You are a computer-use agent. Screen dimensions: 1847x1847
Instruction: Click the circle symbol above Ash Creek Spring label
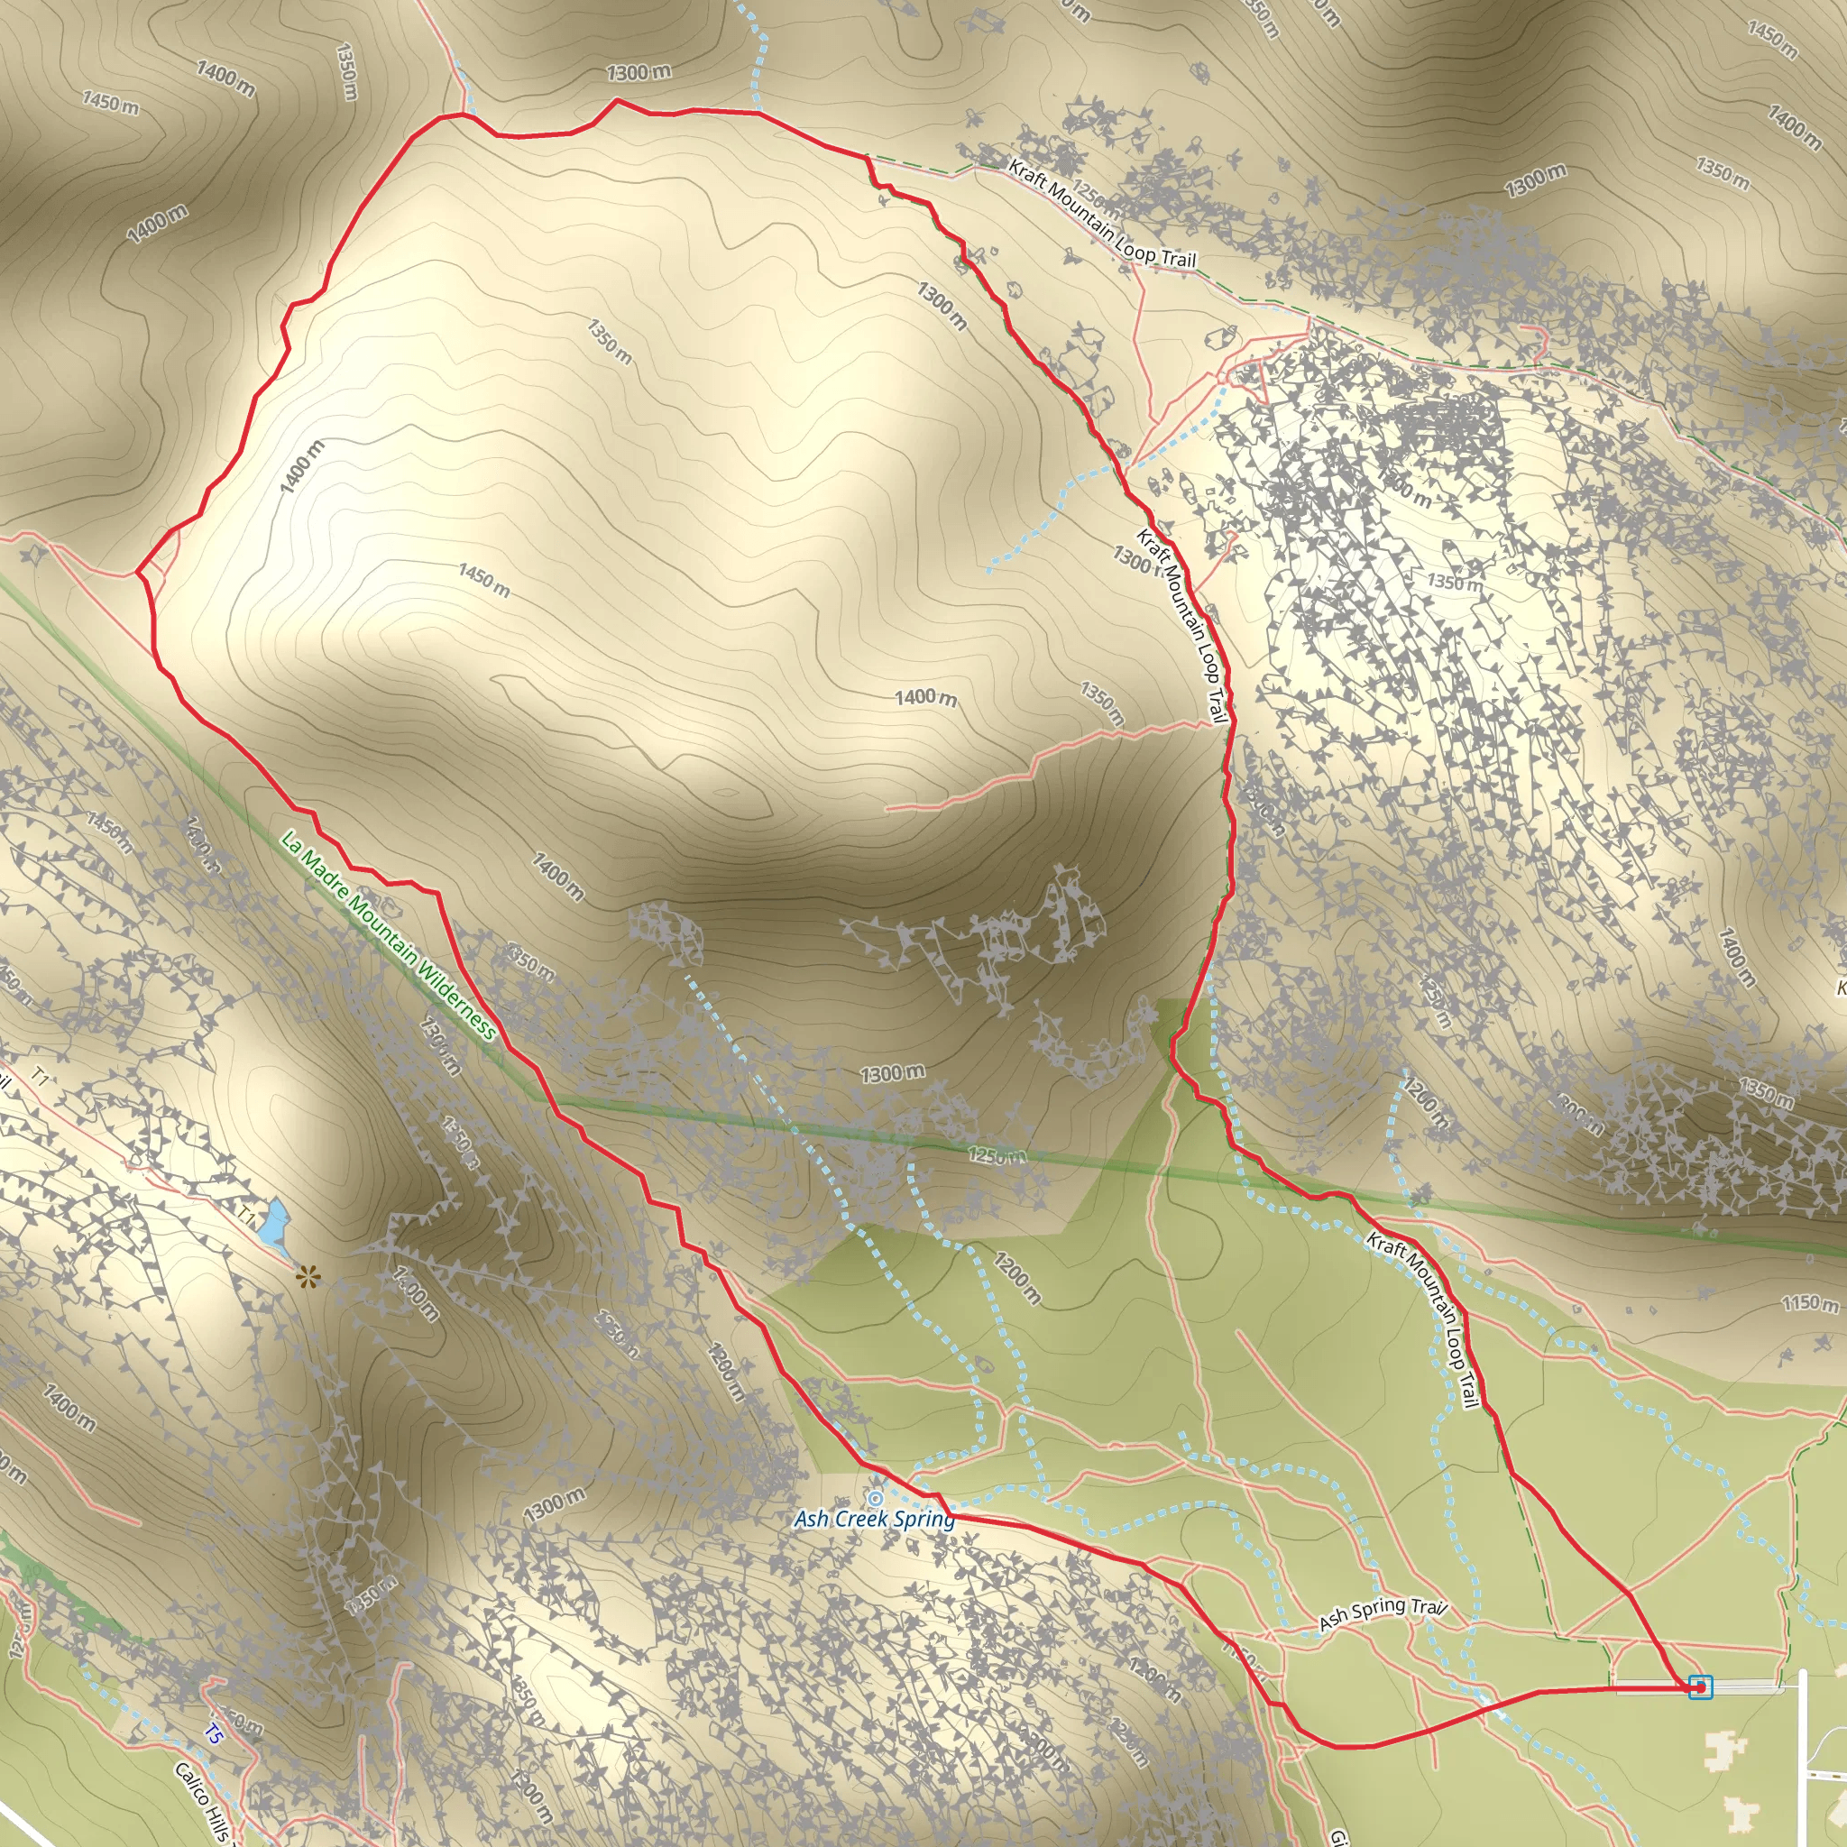pyautogui.click(x=875, y=1497)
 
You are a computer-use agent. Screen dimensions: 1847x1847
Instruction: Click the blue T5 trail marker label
pyautogui.click(x=212, y=1733)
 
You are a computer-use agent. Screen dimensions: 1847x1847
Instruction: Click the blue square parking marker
pyautogui.click(x=1700, y=1687)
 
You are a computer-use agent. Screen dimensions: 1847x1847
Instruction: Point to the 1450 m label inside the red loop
pyautogui.click(x=483, y=579)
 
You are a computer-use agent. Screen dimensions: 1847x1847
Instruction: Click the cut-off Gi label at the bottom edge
pyautogui.click(x=1338, y=1836)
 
